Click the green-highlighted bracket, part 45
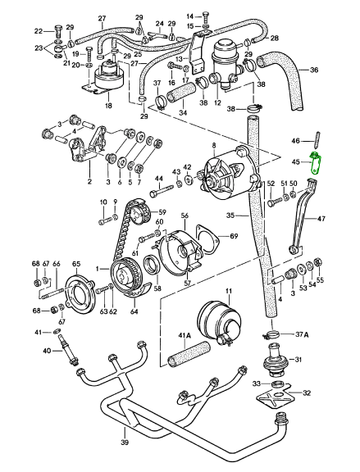316,164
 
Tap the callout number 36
314,70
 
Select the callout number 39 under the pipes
124,442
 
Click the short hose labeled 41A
189,355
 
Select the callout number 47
321,218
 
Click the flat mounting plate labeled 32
275,398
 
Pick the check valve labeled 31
273,360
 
